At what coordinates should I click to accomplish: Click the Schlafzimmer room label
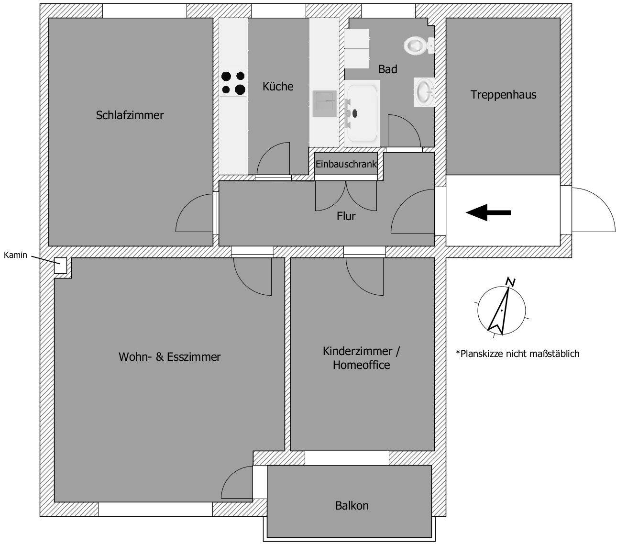[130, 115]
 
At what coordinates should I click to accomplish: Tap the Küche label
[278, 87]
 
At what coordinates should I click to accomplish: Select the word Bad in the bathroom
[387, 69]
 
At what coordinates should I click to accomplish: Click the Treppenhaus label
[503, 94]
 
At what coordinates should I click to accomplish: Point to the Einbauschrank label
[346, 164]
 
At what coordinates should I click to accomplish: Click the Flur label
[346, 216]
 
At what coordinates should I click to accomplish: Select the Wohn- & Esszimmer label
[169, 357]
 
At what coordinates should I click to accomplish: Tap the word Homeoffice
[361, 365]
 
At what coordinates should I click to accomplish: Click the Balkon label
[352, 505]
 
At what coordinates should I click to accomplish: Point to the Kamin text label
[16, 255]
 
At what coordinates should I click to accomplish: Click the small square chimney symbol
[60, 266]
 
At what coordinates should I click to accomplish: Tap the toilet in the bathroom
[418, 45]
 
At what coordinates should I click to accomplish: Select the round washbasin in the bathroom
[424, 91]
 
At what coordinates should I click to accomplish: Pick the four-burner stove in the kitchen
[233, 83]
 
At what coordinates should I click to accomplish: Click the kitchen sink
[324, 104]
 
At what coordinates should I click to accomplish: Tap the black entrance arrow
[488, 212]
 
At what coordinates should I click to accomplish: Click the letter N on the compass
[511, 282]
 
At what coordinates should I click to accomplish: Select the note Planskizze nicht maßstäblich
[517, 354]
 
